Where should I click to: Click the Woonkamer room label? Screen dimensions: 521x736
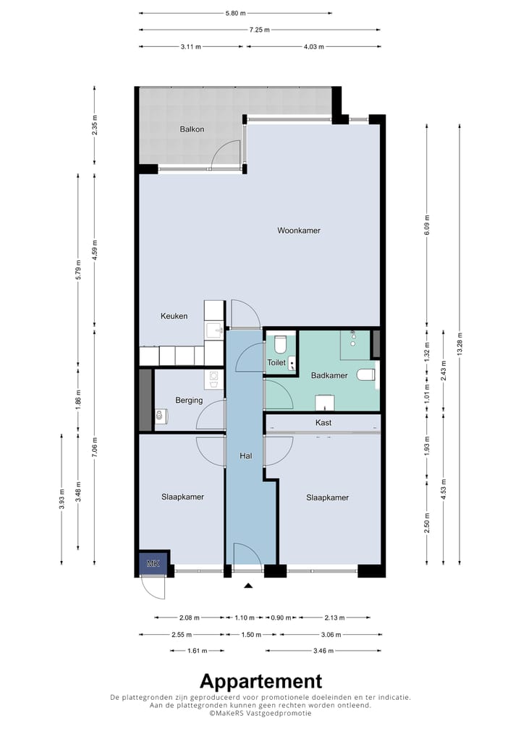coord(299,231)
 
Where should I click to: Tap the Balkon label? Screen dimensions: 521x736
coord(192,129)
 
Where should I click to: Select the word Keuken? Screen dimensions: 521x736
coord(174,316)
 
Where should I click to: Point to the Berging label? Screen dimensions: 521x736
coord(189,401)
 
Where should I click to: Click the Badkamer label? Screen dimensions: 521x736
coord(329,375)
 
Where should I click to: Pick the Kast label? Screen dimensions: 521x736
coord(323,422)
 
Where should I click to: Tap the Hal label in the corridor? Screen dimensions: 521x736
coord(246,455)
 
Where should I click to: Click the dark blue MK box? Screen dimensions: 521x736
coord(153,563)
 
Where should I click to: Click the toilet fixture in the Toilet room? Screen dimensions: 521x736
coord(281,344)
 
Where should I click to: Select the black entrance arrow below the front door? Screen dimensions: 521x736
coord(248,586)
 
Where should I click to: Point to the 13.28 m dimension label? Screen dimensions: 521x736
coord(459,344)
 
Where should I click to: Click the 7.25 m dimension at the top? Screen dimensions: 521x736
coord(259,30)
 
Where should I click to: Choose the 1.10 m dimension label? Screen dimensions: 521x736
coord(245,617)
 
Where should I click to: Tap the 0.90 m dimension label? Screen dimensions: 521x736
coord(281,617)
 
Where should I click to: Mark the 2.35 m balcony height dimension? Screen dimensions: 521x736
coord(94,125)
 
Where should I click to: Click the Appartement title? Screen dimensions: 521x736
coord(260,681)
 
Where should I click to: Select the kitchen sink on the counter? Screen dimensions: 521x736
coord(215,330)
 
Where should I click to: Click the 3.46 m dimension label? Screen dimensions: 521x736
coord(323,651)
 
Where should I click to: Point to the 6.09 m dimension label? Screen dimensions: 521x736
coord(427,226)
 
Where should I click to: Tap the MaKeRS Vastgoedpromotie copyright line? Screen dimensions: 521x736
coord(260,713)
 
